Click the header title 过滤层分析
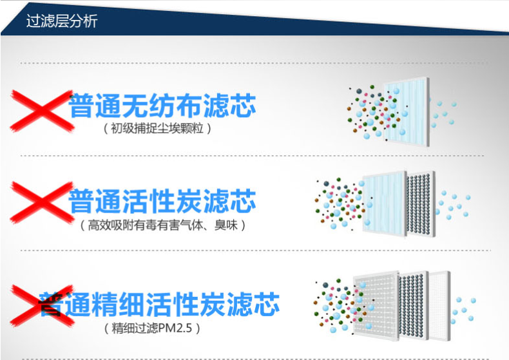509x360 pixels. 62,21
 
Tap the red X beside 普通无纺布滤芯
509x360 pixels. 41,111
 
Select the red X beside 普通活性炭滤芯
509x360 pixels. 41,203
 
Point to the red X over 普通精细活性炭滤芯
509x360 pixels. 41,305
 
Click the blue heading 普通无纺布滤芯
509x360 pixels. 162,106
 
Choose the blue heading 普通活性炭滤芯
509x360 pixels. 162,201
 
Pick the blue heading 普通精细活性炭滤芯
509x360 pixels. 159,304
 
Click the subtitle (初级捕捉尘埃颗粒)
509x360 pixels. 157,128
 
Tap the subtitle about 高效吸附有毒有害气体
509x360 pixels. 162,225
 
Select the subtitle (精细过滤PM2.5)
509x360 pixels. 152,328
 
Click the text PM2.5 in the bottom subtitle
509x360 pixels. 175,328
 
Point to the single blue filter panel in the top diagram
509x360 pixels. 407,111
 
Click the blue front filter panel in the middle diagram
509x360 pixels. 385,204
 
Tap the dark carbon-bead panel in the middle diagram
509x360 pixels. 421,204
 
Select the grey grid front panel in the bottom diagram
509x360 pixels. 376,305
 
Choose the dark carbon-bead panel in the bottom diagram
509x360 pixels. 414,305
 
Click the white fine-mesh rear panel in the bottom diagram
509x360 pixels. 440,305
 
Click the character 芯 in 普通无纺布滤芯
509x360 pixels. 243,106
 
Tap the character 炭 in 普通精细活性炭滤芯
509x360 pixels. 213,304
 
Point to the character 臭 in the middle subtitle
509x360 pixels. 220,225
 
